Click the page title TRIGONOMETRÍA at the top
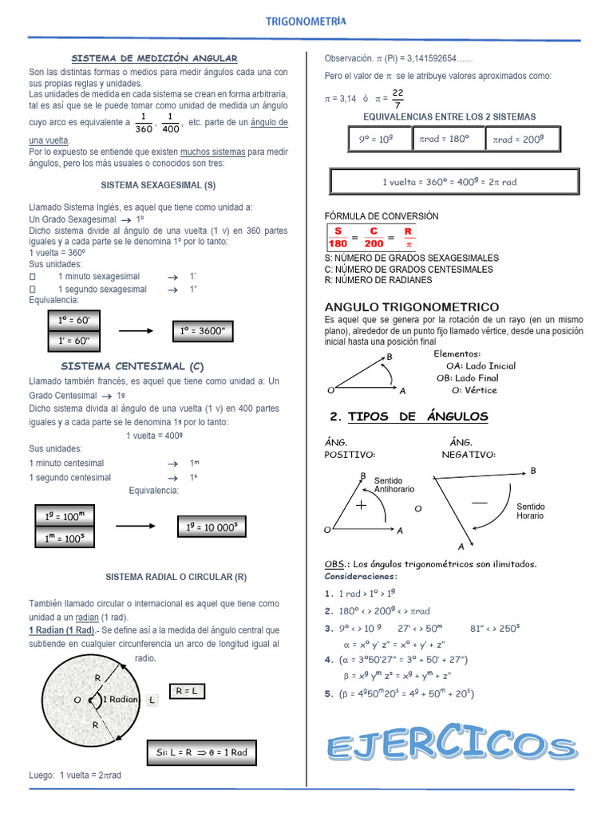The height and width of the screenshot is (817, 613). (306, 22)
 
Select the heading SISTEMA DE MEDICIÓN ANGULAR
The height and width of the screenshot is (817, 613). (155, 58)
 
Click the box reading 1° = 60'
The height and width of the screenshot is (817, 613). (74, 320)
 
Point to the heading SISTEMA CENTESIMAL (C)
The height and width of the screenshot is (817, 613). (132, 366)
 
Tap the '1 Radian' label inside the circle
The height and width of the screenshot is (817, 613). (121, 699)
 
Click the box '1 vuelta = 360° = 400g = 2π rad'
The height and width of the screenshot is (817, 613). (454, 181)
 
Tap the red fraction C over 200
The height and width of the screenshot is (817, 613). (373, 237)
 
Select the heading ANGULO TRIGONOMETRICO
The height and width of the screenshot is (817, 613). (412, 307)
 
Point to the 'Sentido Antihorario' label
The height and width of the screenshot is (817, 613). (394, 485)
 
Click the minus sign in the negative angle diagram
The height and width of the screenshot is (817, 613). (479, 503)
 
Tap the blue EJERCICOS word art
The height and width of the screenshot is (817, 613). (451, 748)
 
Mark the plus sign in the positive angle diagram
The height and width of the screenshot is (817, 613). (361, 505)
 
